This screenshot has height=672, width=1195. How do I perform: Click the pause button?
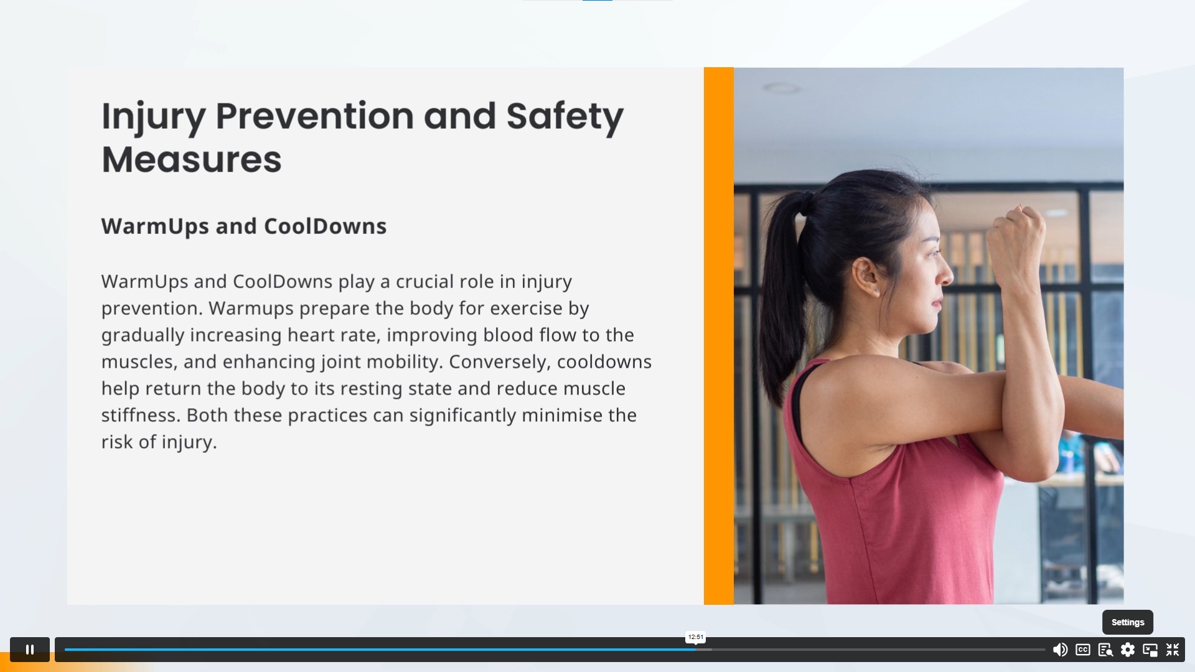click(29, 650)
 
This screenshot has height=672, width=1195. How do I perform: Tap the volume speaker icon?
click(1060, 650)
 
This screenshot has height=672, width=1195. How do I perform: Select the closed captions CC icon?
click(1083, 650)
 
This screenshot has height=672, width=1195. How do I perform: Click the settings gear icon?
click(1128, 650)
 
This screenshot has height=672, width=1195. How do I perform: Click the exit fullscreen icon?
click(1173, 650)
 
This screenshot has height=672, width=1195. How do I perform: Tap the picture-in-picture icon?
click(1150, 650)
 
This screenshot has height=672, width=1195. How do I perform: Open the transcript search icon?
click(1105, 650)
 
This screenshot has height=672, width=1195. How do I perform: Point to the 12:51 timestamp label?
click(696, 637)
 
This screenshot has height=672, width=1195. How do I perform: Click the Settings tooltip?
click(1128, 622)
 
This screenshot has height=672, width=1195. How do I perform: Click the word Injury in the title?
click(153, 117)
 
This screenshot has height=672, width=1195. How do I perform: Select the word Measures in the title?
click(192, 159)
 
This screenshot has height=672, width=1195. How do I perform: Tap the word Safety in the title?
click(565, 117)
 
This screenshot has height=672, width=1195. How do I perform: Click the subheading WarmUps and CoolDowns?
click(244, 226)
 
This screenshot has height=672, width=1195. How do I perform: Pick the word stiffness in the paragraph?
click(141, 416)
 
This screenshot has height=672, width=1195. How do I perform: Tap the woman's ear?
click(867, 276)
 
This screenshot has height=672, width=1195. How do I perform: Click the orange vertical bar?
click(719, 336)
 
